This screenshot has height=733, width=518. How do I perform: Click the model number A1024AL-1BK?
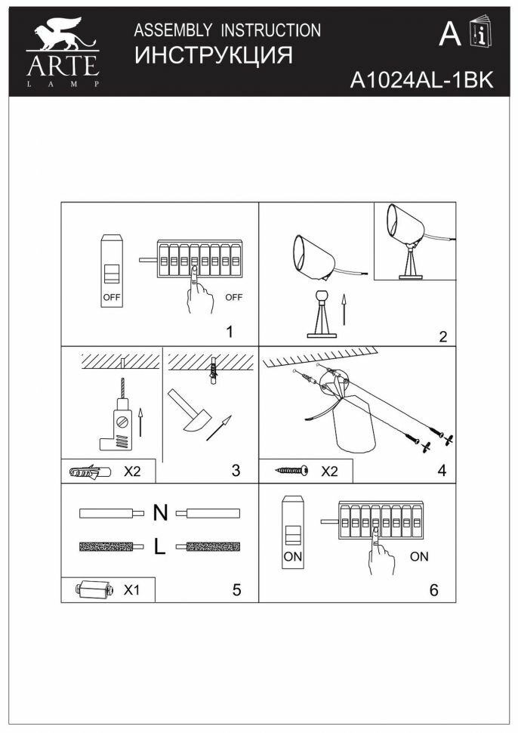tap(421, 81)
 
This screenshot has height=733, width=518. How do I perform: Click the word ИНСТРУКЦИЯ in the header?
tap(212, 56)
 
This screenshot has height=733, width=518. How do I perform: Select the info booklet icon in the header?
tap(478, 35)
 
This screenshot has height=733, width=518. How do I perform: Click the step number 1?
tap(230, 331)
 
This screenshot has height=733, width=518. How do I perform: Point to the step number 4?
tap(441, 469)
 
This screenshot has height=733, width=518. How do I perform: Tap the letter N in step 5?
tap(160, 513)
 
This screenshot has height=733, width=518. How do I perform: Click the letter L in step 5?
tap(159, 547)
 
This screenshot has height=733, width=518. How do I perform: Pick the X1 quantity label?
tap(131, 590)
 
